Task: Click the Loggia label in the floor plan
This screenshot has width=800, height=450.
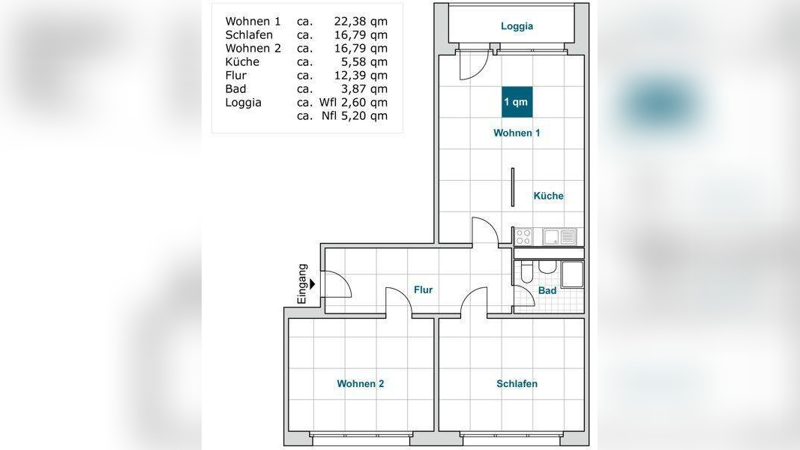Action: pos(517,26)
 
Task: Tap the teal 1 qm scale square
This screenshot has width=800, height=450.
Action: pos(517,102)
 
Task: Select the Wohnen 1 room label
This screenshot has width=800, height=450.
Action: pos(517,133)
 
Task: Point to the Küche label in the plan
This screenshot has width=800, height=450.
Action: pos(549,196)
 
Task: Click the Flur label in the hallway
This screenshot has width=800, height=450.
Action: pos(423,289)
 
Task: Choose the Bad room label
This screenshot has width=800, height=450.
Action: pos(547,290)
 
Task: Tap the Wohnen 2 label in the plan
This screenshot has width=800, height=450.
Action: pos(360,384)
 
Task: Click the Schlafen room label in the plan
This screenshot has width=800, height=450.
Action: pos(517,384)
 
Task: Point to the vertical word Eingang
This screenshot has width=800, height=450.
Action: pos(302,283)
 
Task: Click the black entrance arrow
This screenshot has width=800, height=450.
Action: pos(312,284)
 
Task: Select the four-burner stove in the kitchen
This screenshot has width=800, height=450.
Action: pos(523,237)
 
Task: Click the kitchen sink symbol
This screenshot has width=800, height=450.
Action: pos(559,237)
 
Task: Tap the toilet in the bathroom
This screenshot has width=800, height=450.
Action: pos(527,272)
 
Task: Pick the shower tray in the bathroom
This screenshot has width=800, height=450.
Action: pos(573,275)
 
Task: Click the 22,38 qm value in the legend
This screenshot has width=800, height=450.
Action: pos(361,22)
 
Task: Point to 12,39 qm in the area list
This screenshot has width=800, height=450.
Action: pos(361,76)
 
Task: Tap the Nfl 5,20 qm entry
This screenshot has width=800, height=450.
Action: pos(354,115)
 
